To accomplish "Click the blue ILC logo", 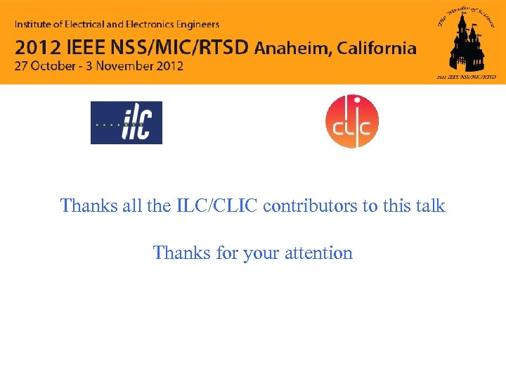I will pyautogui.click(x=126, y=122).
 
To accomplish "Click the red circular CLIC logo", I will pyautogui.click(x=351, y=122).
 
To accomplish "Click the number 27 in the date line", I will pyautogui.click(x=22, y=66).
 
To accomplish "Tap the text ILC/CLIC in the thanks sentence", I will pyautogui.click(x=214, y=206).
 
